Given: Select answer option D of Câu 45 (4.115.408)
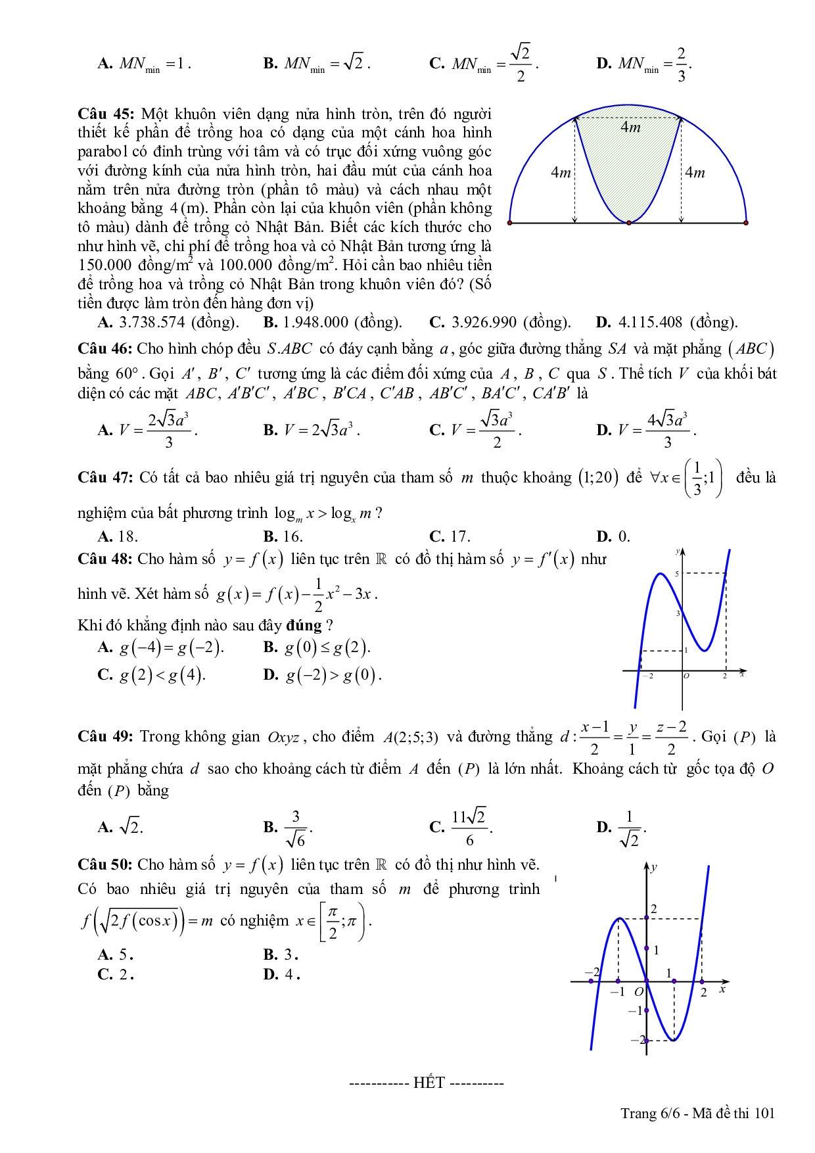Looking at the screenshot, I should (x=666, y=322).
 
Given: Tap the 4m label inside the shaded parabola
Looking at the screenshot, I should (x=630, y=128).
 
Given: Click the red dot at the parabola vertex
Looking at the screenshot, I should (x=629, y=223).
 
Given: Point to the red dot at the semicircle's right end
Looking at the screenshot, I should (x=746, y=223).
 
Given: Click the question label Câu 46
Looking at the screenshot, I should (x=105, y=348).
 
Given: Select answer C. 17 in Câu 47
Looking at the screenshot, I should (x=450, y=536).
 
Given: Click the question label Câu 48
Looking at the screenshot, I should (x=105, y=559).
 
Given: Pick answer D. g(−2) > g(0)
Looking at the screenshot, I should (x=322, y=675).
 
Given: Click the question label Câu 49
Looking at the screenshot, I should (x=105, y=736).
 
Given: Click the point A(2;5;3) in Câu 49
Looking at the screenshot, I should (x=411, y=737).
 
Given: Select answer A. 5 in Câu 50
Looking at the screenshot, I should (x=116, y=954).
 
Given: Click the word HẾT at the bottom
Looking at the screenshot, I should (x=429, y=1083).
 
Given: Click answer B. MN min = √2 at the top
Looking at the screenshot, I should (x=317, y=64).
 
